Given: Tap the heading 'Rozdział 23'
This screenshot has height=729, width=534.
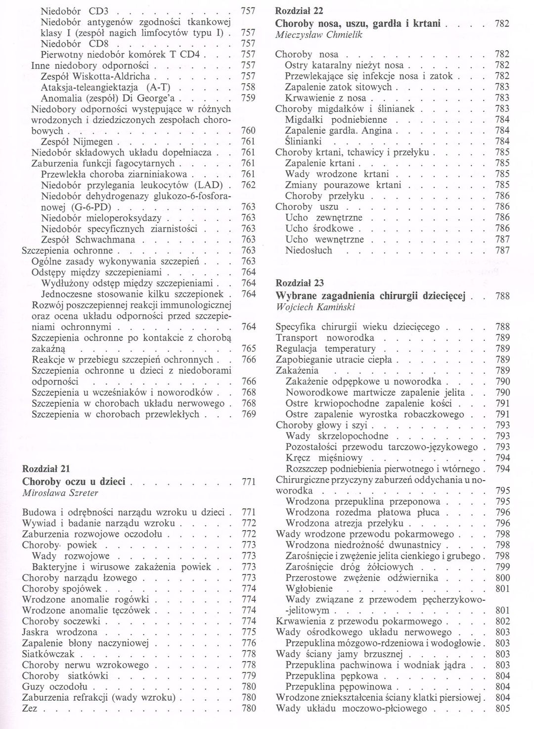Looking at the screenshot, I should click(x=300, y=283).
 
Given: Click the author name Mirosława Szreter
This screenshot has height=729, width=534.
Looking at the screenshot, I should click(x=60, y=492).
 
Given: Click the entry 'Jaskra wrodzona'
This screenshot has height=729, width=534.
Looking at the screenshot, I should click(x=60, y=632).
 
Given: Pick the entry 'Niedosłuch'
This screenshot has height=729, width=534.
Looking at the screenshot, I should click(x=309, y=250).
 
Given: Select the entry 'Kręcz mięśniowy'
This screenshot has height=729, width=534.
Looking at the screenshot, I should click(x=324, y=458).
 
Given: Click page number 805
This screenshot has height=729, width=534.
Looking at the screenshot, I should click(x=502, y=709).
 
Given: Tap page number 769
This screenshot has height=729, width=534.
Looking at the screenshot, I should click(x=249, y=414).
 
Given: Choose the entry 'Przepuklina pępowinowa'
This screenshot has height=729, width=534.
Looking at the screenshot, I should click(x=338, y=686).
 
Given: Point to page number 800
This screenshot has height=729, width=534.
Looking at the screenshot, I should click(x=502, y=578).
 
